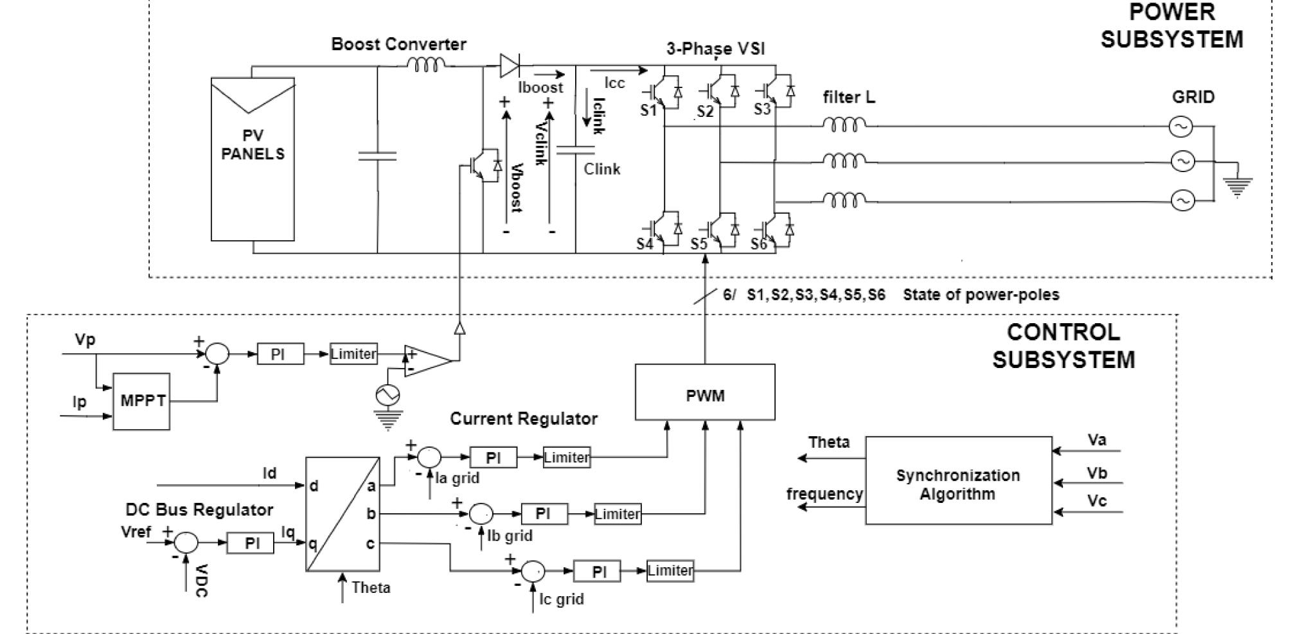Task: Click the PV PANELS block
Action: click(x=253, y=159)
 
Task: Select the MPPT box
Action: click(x=141, y=401)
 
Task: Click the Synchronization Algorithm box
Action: click(x=958, y=480)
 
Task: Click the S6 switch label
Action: click(x=759, y=245)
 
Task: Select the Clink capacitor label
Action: click(x=601, y=170)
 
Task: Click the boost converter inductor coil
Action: click(x=426, y=65)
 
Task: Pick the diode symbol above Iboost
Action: click(x=510, y=65)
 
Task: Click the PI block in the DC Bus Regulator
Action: click(x=252, y=543)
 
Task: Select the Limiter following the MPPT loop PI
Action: click(x=353, y=354)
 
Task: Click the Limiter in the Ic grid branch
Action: click(x=670, y=571)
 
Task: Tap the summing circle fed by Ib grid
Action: click(x=481, y=514)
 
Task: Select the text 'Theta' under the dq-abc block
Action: click(x=371, y=588)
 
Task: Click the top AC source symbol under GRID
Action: click(x=1180, y=127)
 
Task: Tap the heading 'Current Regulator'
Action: click(x=523, y=419)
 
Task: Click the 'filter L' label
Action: click(x=848, y=98)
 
